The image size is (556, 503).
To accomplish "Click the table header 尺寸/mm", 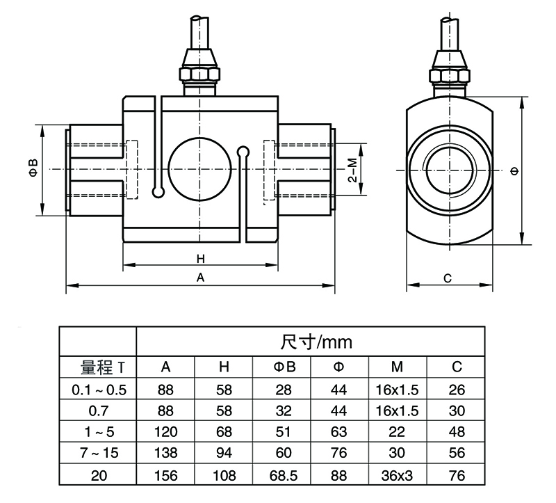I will (x=316, y=342).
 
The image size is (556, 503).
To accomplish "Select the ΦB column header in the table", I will (x=285, y=367).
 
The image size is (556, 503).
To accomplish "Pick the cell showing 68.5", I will (x=285, y=476).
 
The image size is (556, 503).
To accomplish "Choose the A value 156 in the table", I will (x=166, y=476).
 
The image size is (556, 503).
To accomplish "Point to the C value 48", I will (x=456, y=433).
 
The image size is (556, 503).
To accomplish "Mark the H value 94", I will (x=224, y=454).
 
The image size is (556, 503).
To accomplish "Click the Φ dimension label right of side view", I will (x=514, y=170).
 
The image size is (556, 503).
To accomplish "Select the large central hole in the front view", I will (x=200, y=170).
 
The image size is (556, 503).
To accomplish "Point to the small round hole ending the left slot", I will (x=157, y=189).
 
